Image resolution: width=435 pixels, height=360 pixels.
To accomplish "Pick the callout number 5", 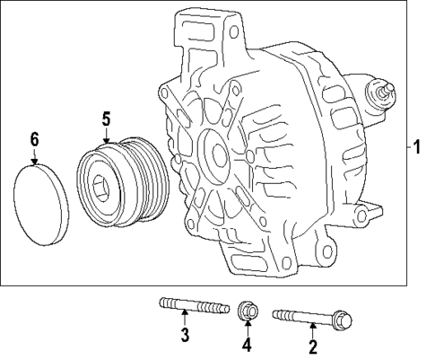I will tap(106, 118).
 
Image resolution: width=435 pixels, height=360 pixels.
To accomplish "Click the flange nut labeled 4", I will tap(247, 312).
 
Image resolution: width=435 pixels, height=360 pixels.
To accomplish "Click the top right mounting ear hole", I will tap(234, 32).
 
